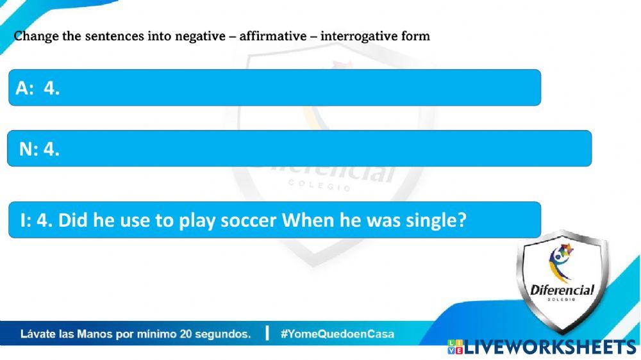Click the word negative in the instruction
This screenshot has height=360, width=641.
click(200, 37)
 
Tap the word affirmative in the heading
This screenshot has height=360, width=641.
click(273, 36)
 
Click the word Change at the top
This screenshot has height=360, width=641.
click(37, 37)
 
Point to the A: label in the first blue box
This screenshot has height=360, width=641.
click(24, 88)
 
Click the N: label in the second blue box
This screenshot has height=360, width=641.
click(29, 149)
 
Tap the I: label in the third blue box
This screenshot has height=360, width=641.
click(26, 220)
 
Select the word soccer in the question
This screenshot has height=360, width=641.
click(249, 220)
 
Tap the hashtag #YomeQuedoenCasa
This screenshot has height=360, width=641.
click(337, 334)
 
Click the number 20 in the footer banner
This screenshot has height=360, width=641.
click(186, 334)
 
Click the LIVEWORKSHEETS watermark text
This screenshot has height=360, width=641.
click(550, 347)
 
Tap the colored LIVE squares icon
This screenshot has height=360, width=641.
click(455, 347)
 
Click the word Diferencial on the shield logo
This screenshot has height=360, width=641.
click(562, 290)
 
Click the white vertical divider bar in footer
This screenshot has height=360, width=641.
click(267, 333)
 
